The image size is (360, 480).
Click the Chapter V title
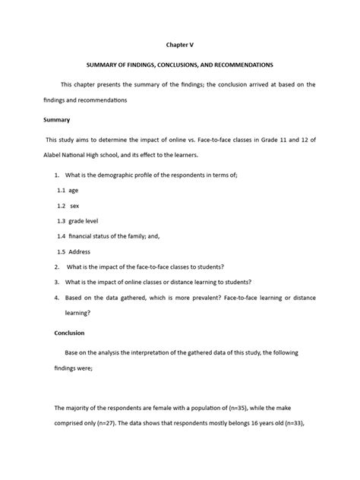180,45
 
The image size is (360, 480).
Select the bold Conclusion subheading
69,333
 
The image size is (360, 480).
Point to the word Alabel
68,154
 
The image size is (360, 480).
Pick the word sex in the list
76,206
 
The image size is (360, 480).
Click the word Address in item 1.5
80,251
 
